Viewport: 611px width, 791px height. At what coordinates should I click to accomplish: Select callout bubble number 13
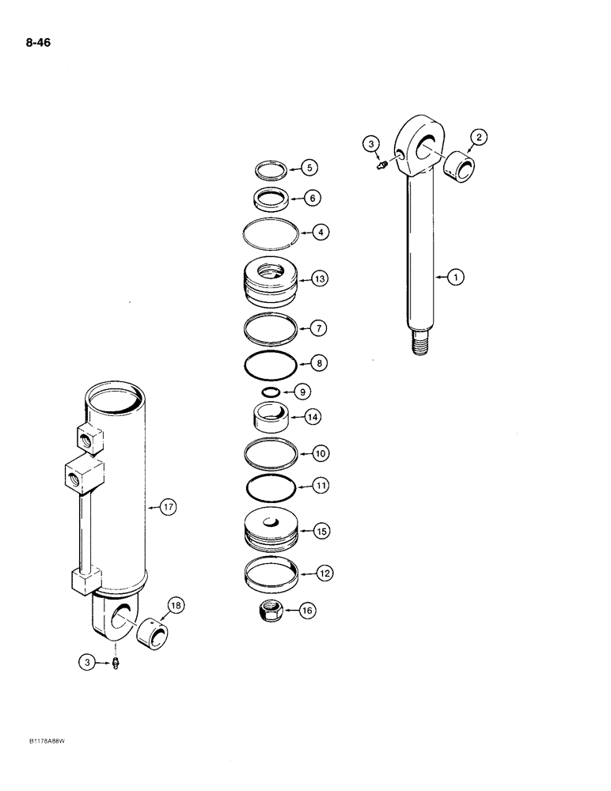pyautogui.click(x=319, y=279)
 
